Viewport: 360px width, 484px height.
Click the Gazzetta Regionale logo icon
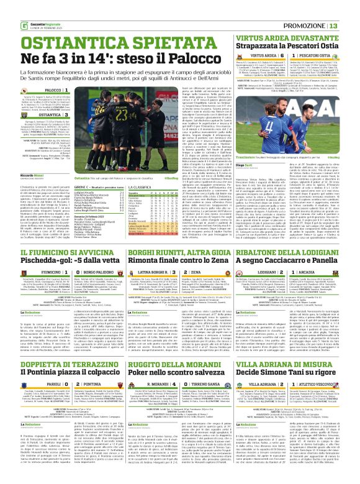click(x=9, y=7)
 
